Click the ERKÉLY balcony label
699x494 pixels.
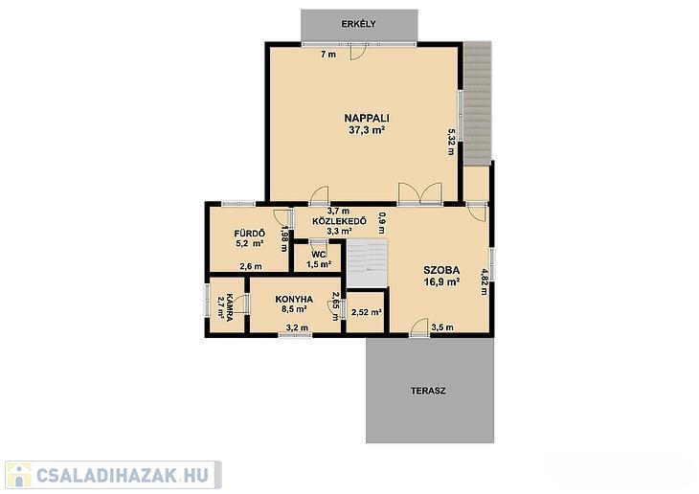[358, 24]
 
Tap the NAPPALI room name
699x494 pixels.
[367, 118]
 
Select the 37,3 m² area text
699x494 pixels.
[367, 130]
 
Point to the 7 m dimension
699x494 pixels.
[328, 55]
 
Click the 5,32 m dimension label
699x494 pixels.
[451, 142]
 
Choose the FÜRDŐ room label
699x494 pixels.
[250, 234]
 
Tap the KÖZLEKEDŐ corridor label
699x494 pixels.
[340, 221]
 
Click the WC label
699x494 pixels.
[319, 255]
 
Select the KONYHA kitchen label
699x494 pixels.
[294, 299]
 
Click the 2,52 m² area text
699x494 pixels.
[366, 312]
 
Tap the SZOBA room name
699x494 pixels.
[441, 270]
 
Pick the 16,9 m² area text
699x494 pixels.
[441, 281]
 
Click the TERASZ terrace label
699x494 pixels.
[428, 391]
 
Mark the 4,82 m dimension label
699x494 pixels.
[485, 281]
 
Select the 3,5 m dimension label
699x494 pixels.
[442, 327]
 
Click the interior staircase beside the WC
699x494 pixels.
[367, 263]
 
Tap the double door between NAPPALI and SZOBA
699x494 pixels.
[420, 193]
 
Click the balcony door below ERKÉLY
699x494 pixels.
[358, 52]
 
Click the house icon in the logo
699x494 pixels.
[19, 475]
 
